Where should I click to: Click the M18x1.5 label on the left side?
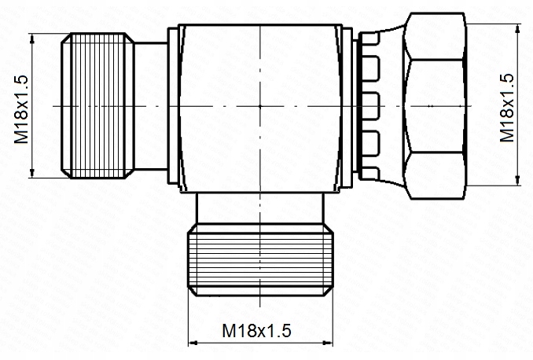click(x=21, y=105)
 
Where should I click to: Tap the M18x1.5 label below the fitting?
click(x=256, y=331)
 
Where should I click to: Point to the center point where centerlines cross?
click(x=260, y=105)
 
